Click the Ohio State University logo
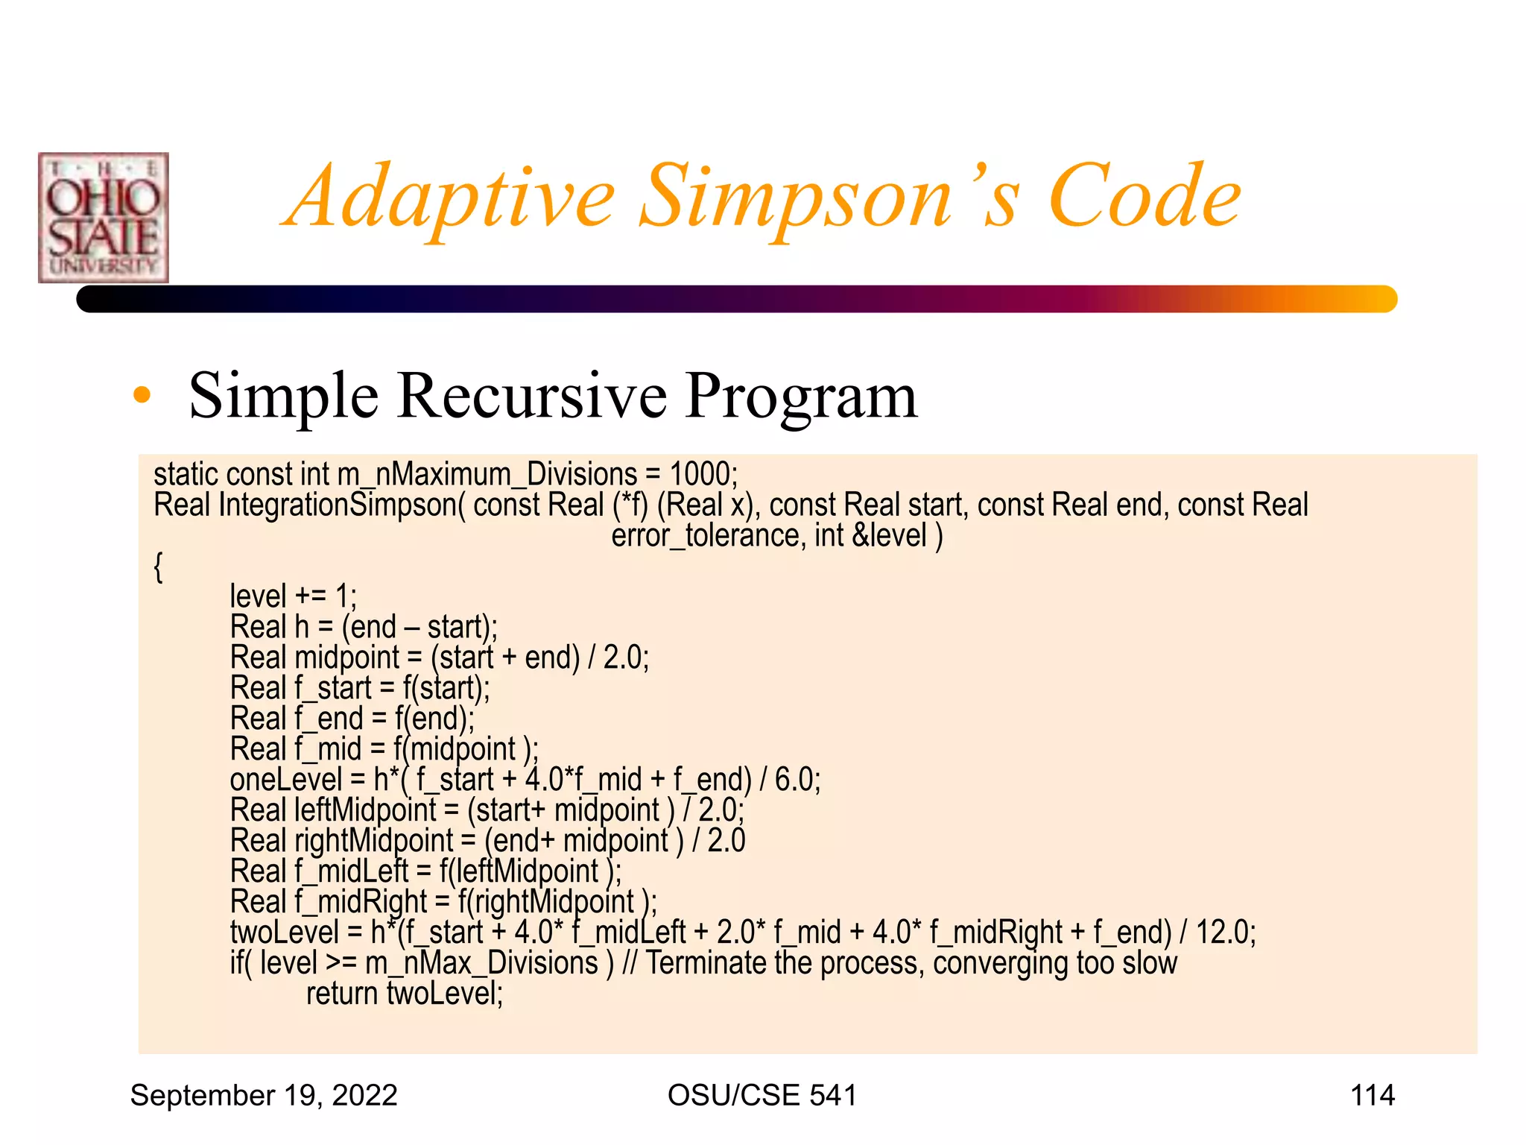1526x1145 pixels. pos(104,218)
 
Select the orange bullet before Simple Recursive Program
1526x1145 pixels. pos(142,396)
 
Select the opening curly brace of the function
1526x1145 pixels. pos(158,567)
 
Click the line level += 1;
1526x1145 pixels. pos(293,597)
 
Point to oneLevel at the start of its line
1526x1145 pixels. pos(285,780)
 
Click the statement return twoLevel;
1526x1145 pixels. pos(405,994)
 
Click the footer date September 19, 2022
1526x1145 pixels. pos(264,1096)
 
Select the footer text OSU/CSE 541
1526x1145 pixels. pos(762,1096)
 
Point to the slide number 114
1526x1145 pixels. pos(1372,1096)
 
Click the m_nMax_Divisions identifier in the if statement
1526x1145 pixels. pos(481,964)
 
